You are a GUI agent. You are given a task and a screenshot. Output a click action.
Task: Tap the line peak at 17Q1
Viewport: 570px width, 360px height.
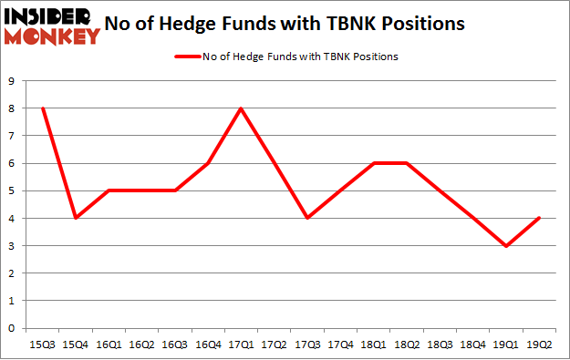tap(240, 109)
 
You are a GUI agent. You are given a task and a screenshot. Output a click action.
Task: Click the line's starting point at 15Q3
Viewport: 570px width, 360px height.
tap(43, 109)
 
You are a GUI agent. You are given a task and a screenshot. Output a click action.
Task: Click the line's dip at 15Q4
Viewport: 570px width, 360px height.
tap(76, 219)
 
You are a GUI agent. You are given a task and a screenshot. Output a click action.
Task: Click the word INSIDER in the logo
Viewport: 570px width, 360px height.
tap(50, 16)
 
